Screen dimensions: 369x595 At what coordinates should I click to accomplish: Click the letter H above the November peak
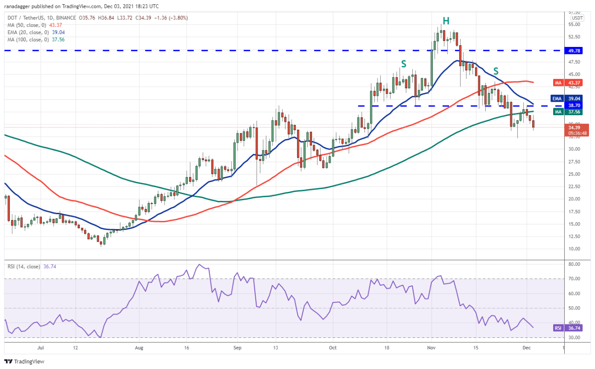tap(446, 21)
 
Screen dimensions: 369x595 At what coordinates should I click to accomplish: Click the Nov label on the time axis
tap(431, 347)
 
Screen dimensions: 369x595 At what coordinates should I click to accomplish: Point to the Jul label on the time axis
tap(40, 347)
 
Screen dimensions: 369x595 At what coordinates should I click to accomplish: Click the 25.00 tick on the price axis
tap(574, 174)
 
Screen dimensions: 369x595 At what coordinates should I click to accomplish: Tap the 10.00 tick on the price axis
tap(574, 249)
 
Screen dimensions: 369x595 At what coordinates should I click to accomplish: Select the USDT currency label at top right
tap(577, 18)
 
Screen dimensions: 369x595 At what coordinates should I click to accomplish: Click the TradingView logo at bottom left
tap(24, 361)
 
